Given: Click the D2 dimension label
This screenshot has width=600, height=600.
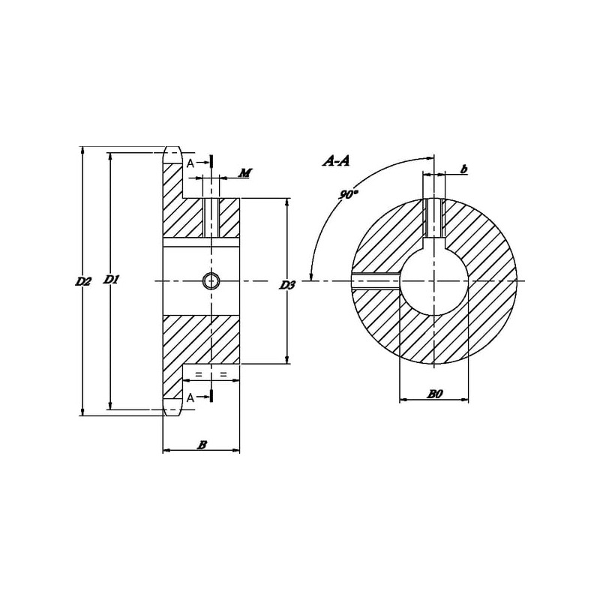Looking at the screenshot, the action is tap(83, 282).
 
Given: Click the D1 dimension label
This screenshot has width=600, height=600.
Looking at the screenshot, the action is tap(111, 280).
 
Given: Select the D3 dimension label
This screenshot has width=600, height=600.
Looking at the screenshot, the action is tap(287, 285).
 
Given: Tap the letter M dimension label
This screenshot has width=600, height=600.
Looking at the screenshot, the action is tap(245, 173).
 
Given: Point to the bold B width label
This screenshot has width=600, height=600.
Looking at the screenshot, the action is tap(202, 445).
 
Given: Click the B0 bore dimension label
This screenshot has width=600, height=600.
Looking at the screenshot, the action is tap(435, 394).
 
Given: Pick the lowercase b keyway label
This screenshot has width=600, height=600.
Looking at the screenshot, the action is tap(463, 169).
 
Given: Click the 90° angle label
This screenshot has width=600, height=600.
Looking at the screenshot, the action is tap(348, 194).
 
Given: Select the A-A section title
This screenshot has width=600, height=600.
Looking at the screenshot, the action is tap(336, 161).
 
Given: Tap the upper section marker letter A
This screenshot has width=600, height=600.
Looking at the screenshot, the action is tap(190, 163).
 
